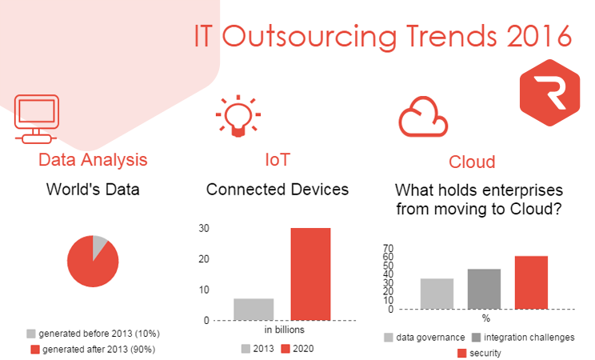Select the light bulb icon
[237, 117]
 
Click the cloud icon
[424, 119]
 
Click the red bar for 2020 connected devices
[310, 274]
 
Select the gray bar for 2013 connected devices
[254, 309]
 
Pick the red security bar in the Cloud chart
[531, 282]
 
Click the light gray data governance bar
[437, 293]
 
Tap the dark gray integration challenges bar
[484, 288]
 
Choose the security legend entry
[485, 353]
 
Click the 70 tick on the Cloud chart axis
[389, 248]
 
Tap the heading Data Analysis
[93, 159]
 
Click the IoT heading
[277, 159]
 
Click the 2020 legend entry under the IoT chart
[297, 348]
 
